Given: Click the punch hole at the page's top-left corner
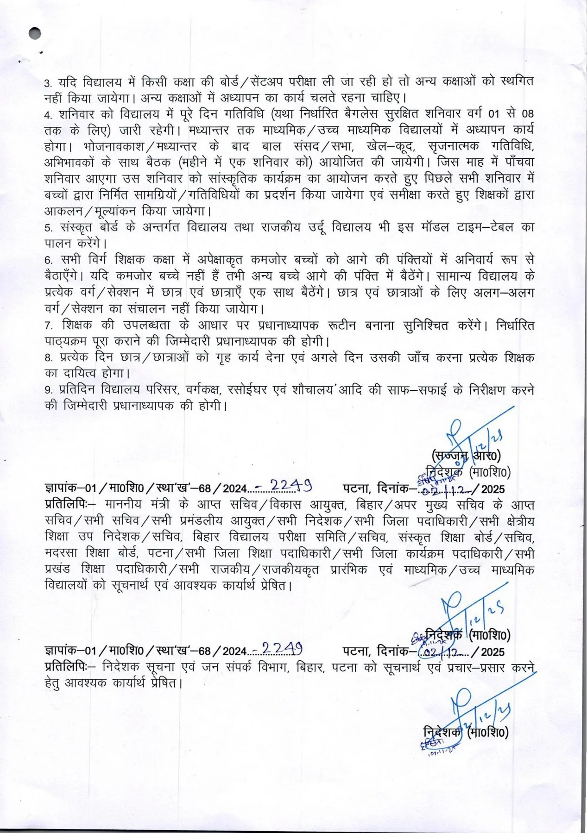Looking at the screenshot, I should pos(34,33).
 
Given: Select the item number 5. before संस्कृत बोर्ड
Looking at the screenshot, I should pos(48,228).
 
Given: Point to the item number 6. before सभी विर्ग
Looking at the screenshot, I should pos(48,260).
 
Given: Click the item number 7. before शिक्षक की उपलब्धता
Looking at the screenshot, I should pos(48,326).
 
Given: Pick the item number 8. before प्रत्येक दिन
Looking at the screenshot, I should pos(48,358).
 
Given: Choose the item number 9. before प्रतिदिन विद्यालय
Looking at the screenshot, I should pos(48,390).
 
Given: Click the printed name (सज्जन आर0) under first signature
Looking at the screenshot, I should pos(465,456).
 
